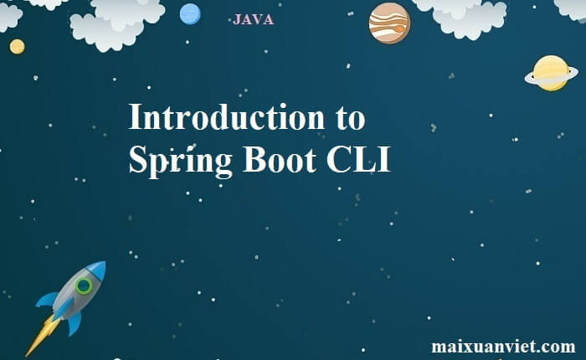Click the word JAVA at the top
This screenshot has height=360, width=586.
click(253, 19)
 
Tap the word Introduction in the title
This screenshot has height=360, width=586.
click(227, 117)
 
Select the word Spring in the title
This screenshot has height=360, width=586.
click(180, 161)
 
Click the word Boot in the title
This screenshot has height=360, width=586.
click(280, 159)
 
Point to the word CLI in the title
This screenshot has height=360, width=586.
click(358, 159)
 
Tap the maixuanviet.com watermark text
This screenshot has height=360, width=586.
click(503, 346)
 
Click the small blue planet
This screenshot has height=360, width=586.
click(190, 14)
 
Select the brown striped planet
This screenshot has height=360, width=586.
click(389, 23)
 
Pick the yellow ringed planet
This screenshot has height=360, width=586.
click(551, 74)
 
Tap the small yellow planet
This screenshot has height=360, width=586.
click(18, 47)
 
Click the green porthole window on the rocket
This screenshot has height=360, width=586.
click(84, 286)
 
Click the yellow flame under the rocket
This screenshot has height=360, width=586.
click(43, 335)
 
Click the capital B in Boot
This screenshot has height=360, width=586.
click(254, 159)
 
